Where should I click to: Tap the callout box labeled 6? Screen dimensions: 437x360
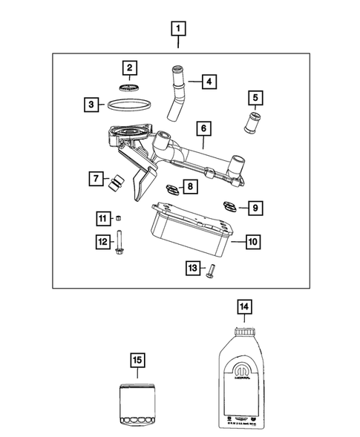tap(200, 128)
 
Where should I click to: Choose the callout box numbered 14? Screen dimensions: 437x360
tap(243, 305)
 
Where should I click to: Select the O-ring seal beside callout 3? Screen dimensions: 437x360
tap(129, 105)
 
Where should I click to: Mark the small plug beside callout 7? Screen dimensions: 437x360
tap(116, 183)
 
